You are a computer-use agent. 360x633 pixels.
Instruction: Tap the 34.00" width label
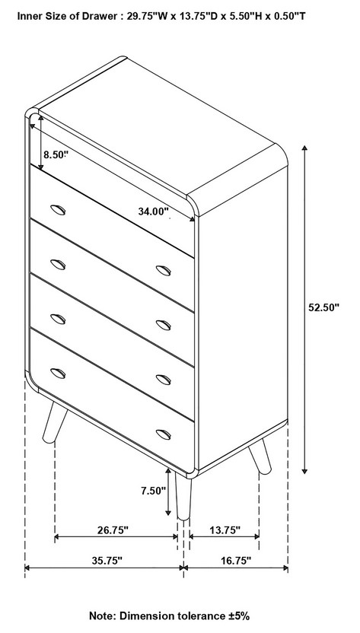tap(153, 212)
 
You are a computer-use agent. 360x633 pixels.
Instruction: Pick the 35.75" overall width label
tap(107, 561)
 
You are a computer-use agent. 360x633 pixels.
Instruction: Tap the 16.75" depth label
tap(236, 561)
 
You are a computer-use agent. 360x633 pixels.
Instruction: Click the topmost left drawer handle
tap(58, 210)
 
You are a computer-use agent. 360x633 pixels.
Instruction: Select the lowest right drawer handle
tap(163, 434)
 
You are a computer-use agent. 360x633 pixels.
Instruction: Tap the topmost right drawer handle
tap(163, 271)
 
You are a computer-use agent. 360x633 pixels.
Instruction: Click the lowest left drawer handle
tap(58, 374)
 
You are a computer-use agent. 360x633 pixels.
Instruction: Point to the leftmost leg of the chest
tap(55, 421)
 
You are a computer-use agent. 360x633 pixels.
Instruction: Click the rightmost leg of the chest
tap(260, 456)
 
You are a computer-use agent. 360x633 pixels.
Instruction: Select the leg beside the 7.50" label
tap(183, 496)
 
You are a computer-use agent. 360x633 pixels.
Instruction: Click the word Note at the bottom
tap(101, 616)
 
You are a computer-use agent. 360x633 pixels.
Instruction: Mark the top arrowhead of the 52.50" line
tap(305, 148)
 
